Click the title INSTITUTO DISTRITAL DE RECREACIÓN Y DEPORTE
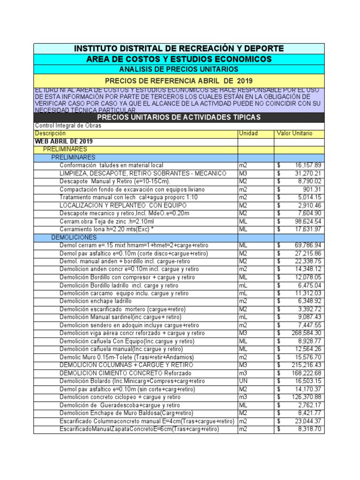[179, 49]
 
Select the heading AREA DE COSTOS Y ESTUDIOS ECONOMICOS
[179, 59]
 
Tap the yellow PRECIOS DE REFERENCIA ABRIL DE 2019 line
[179, 81]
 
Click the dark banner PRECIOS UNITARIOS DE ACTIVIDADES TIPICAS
[179, 117]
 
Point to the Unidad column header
[248, 134]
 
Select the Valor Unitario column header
[294, 134]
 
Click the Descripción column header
[48, 134]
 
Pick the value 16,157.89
[308, 165]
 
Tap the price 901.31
[312, 189]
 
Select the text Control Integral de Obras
[68, 126]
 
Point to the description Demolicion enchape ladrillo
[95, 301]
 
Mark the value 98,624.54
[308, 221]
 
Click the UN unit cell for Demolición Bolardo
[243, 381]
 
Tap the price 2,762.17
[310, 405]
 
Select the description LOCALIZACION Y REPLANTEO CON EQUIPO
[123, 205]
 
